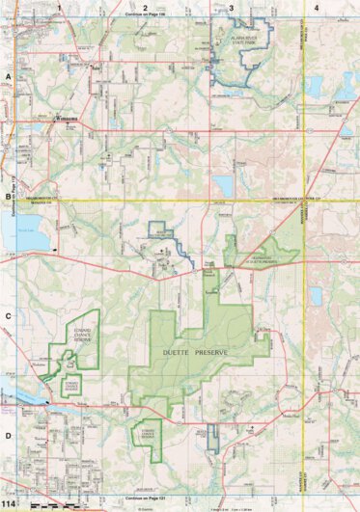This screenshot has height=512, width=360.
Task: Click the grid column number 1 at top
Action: coord(60,8)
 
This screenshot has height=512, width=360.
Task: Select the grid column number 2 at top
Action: coord(145,8)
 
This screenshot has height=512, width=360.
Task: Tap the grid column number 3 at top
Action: coord(231,8)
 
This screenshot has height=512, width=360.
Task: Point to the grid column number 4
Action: coord(318,8)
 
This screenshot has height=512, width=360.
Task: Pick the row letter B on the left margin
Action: coord(8,199)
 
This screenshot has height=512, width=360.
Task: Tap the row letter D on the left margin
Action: coord(8,435)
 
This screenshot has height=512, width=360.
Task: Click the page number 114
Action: coord(13,504)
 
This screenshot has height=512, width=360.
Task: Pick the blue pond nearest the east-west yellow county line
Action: coord(224,183)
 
